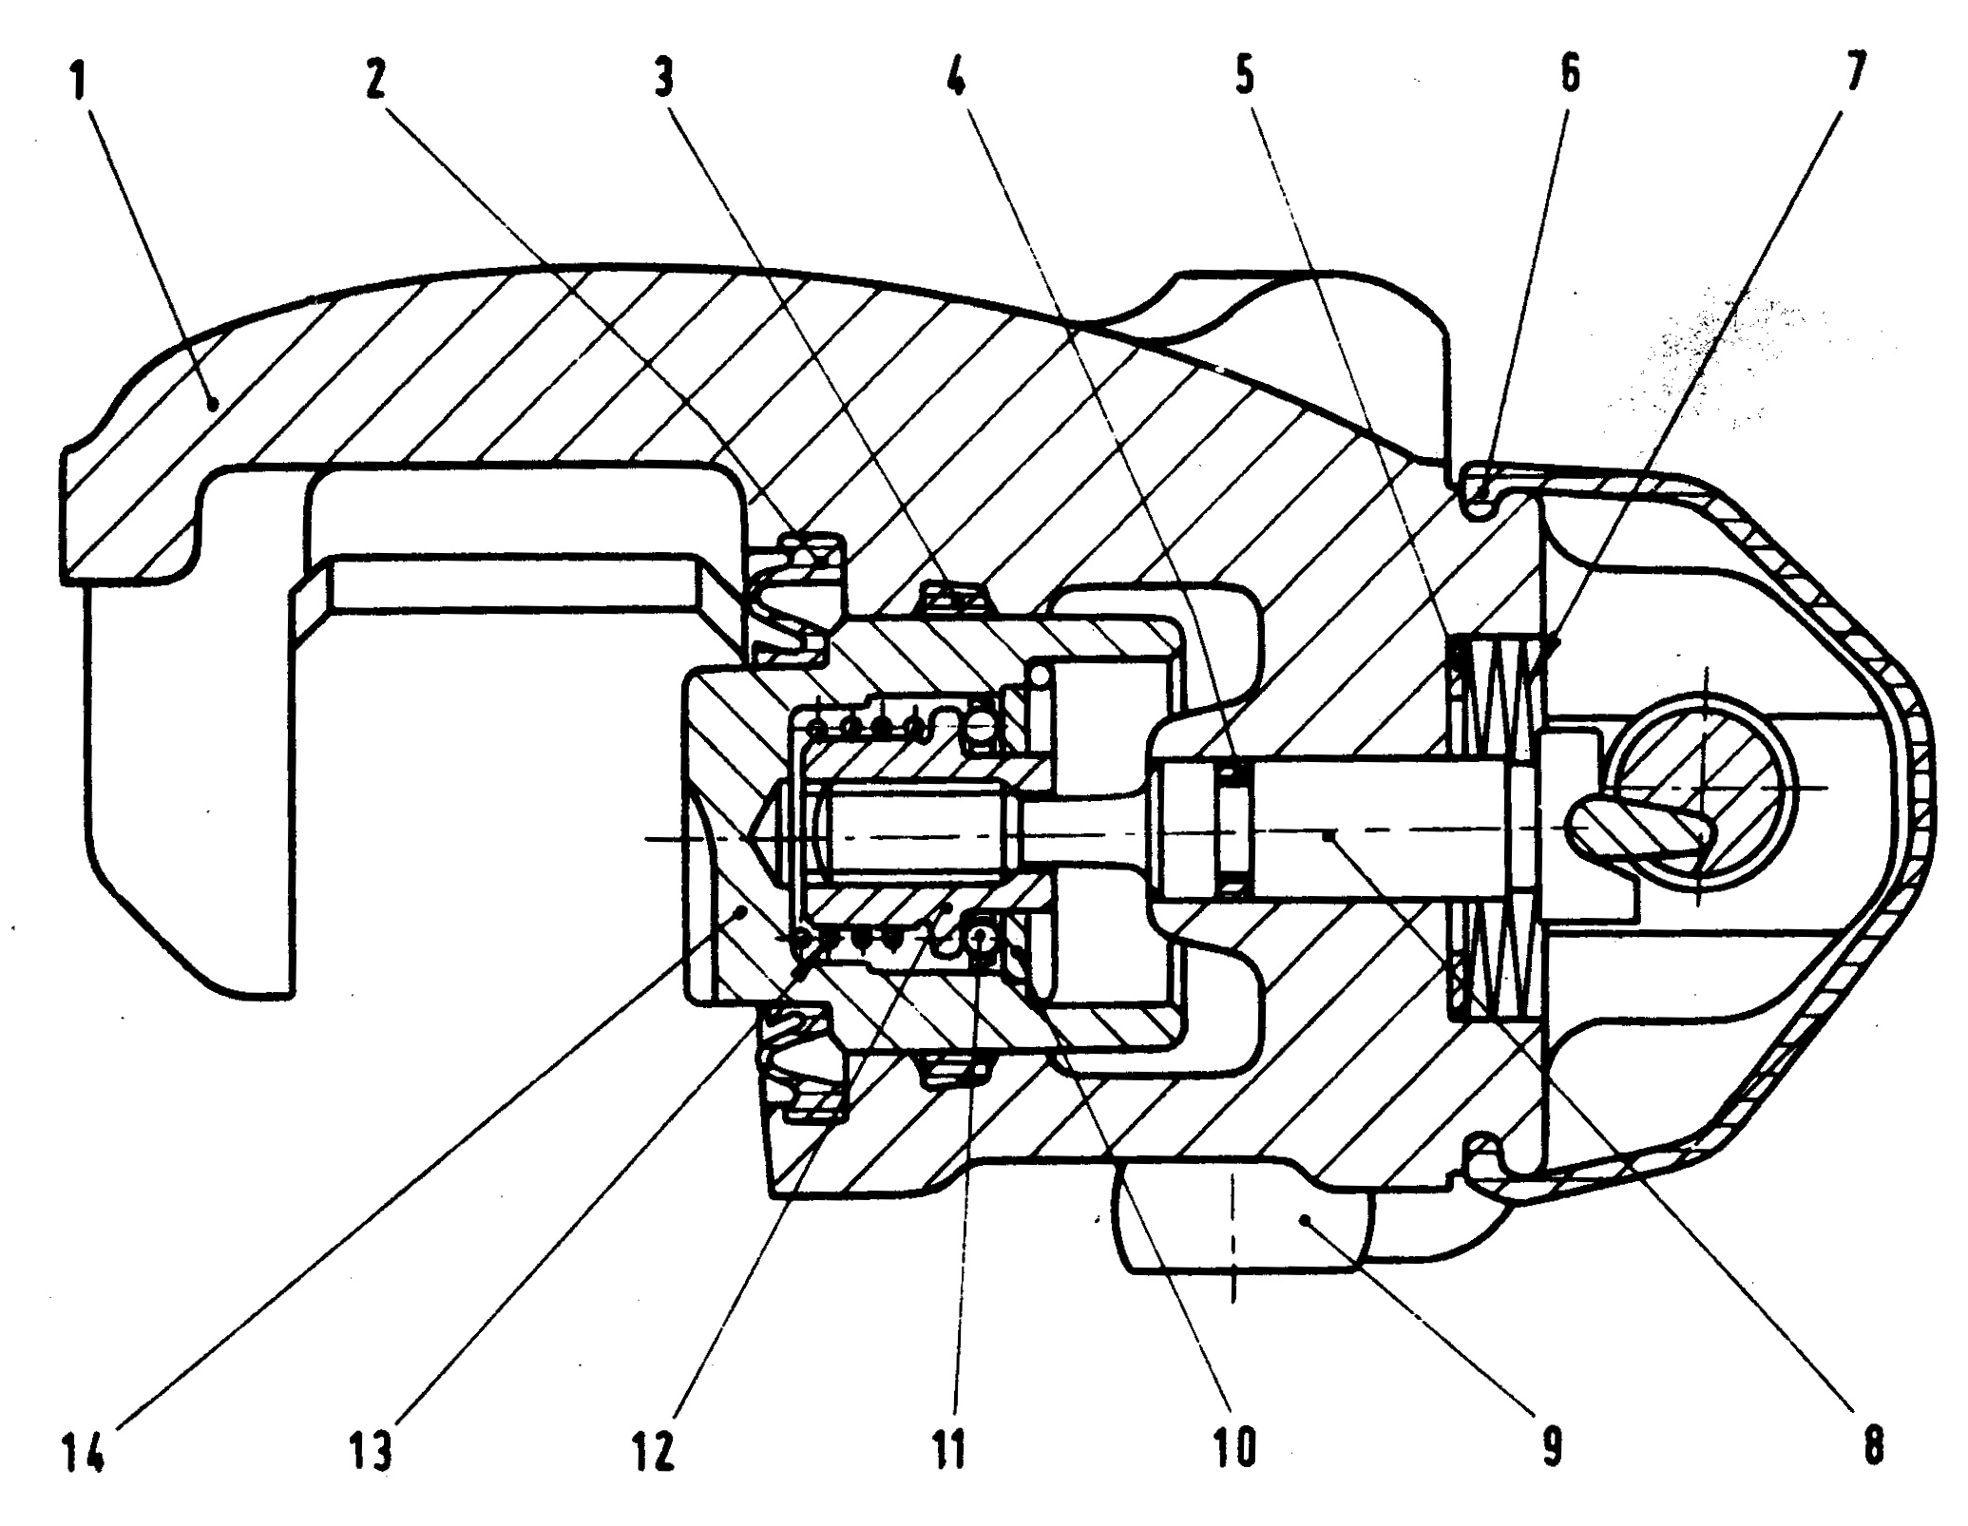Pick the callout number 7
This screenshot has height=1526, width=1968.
tap(1857, 69)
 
